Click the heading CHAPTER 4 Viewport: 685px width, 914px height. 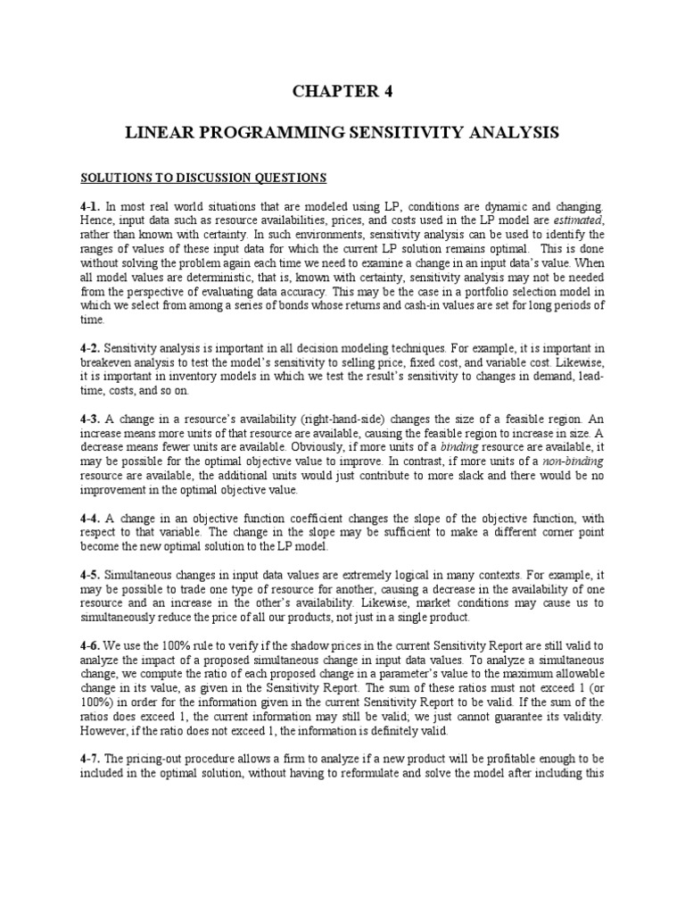point(342,91)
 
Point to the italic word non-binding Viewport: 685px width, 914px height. point(574,462)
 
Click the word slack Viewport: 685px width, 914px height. point(397,477)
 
